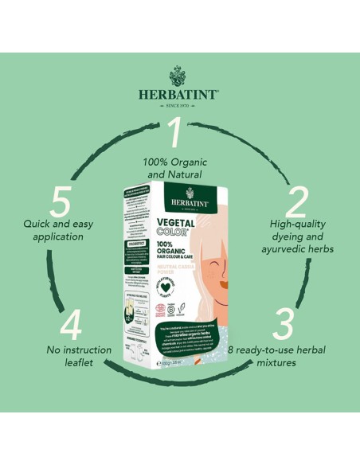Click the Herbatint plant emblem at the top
(180, 76)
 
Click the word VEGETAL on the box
(185, 225)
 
